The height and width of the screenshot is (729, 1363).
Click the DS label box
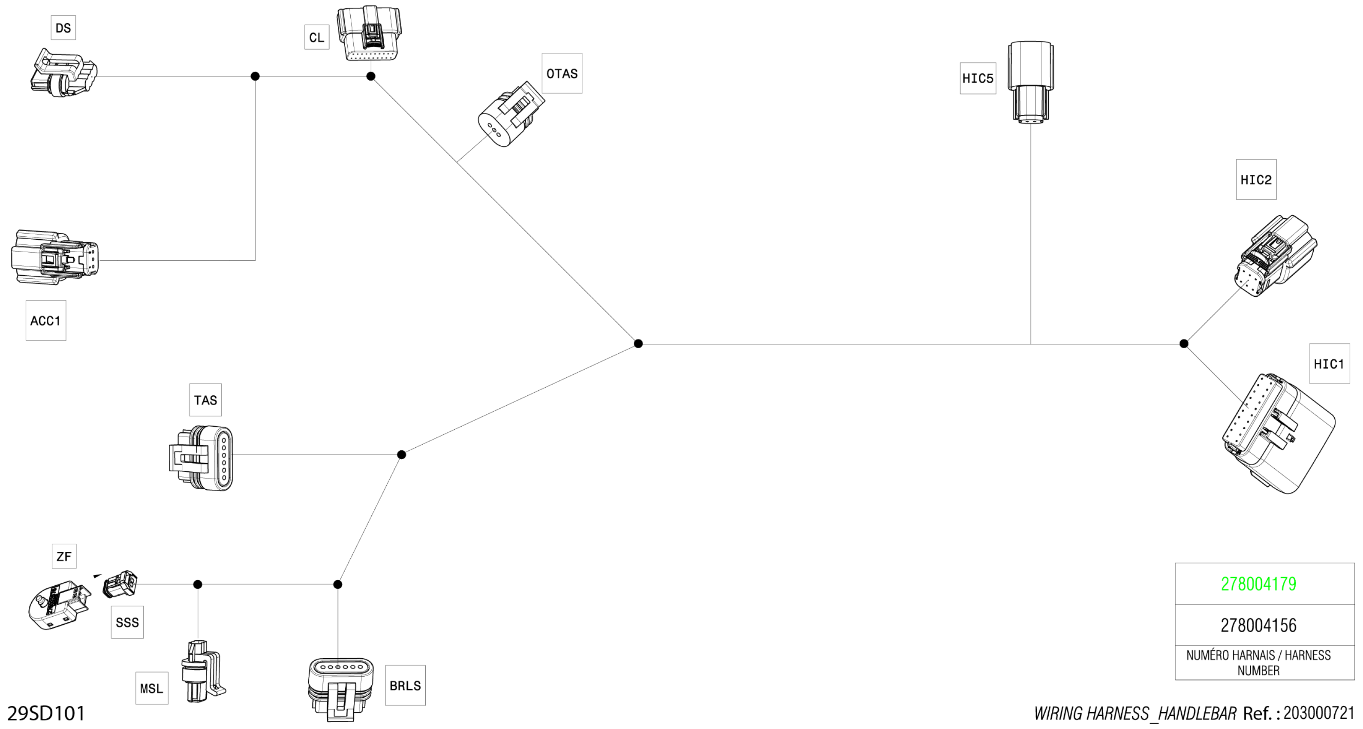coord(63,28)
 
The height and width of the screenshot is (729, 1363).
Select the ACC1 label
coord(45,321)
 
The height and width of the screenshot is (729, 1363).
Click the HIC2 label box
coord(1255,180)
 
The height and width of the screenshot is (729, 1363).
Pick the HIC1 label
coord(1329,364)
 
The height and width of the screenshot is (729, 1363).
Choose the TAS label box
coord(205,400)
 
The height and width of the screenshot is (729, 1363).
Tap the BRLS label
coord(405,686)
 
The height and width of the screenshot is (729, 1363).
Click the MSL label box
coord(151,688)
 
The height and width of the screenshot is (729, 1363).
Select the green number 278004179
coord(1258,584)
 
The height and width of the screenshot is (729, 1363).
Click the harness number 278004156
coord(1258,625)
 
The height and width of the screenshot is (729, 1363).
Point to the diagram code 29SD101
coord(46,714)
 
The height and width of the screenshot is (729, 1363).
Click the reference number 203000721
coord(1318,713)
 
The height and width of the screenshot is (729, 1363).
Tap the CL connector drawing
coord(369,34)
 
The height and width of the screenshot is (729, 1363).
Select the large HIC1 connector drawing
coord(1278,434)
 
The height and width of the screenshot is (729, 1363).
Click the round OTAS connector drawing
coord(509,115)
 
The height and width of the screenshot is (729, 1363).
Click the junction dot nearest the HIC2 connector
coord(1184,344)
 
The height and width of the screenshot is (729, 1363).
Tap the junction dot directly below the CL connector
coord(371,76)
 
